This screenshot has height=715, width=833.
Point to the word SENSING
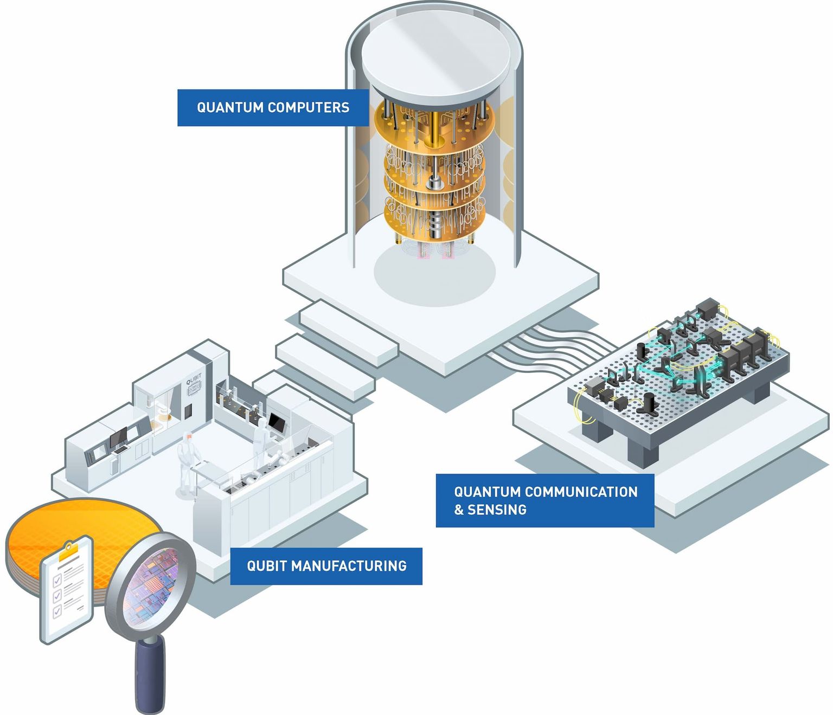[497, 510]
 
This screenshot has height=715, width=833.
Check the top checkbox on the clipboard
[56, 581]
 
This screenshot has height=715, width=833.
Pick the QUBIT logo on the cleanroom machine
[194, 383]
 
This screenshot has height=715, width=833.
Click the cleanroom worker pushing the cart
[188, 461]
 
